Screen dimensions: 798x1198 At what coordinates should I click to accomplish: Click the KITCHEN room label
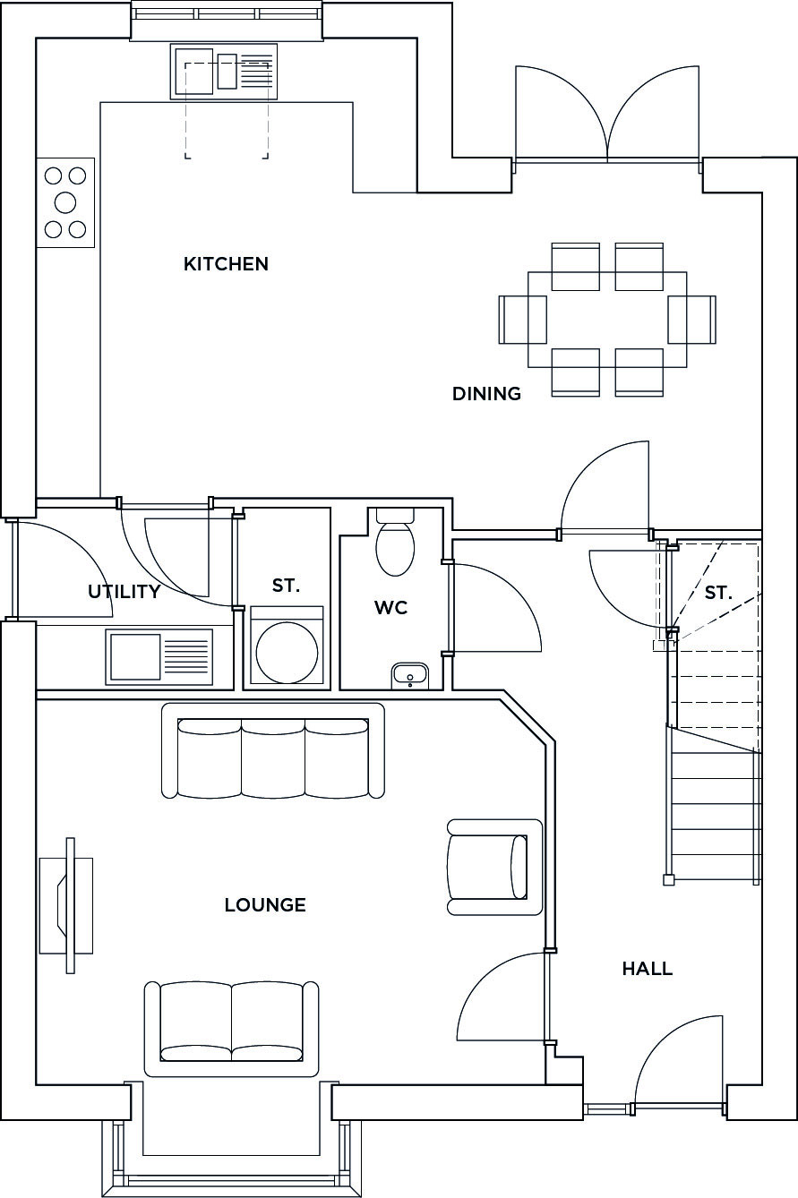pyautogui.click(x=226, y=263)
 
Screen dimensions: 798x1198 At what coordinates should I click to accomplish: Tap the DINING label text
pyautogui.click(x=486, y=394)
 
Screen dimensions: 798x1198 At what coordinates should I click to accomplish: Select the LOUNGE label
pyautogui.click(x=265, y=905)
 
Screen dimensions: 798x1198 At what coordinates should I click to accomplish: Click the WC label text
pyautogui.click(x=391, y=608)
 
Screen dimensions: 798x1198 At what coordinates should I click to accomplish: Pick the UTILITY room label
pyautogui.click(x=124, y=592)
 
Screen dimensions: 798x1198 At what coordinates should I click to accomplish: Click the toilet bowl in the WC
pyautogui.click(x=395, y=548)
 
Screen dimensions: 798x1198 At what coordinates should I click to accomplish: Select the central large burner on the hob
pyautogui.click(x=65, y=202)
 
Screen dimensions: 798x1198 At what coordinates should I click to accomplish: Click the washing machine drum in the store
pyautogui.click(x=287, y=653)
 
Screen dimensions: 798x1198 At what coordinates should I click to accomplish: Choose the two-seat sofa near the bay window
pyautogui.click(x=232, y=1030)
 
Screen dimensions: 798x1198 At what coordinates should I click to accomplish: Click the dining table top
pyautogui.click(x=607, y=320)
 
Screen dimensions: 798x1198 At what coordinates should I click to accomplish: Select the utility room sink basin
pyautogui.click(x=135, y=657)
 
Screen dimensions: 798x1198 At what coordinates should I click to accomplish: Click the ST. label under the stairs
pyautogui.click(x=717, y=593)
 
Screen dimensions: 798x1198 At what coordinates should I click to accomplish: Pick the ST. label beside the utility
pyautogui.click(x=286, y=586)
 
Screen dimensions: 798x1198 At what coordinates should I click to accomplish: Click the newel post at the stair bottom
pyautogui.click(x=668, y=880)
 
